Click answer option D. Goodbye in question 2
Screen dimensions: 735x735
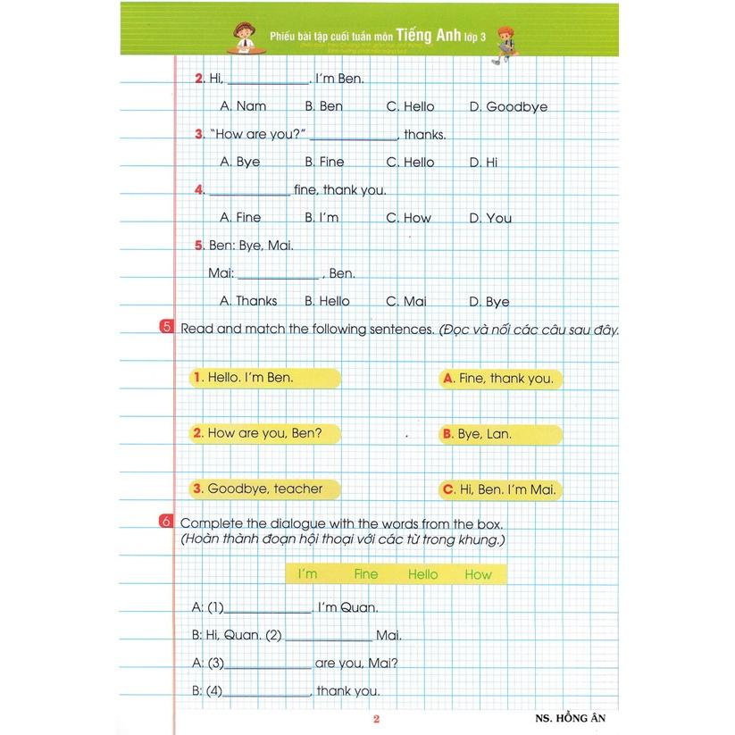(x=508, y=106)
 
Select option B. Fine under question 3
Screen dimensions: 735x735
(x=324, y=162)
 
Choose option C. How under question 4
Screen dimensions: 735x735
(x=408, y=217)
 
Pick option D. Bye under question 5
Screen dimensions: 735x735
(x=489, y=302)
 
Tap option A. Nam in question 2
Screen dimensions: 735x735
(x=243, y=106)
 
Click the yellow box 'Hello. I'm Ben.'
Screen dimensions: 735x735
(x=265, y=377)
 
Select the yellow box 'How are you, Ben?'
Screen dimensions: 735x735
(x=265, y=433)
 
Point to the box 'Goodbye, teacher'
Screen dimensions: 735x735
(x=265, y=489)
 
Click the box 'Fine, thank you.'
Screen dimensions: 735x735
(x=501, y=379)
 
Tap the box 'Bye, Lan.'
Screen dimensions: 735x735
(x=501, y=434)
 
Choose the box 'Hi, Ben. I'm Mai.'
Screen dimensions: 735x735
(x=501, y=489)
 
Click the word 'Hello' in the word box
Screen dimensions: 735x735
(x=422, y=574)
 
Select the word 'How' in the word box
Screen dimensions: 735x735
(x=478, y=574)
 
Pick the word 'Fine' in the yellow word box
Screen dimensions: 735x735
(x=365, y=574)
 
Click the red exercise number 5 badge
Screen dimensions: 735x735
(x=167, y=328)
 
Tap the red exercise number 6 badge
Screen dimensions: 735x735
(x=167, y=522)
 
